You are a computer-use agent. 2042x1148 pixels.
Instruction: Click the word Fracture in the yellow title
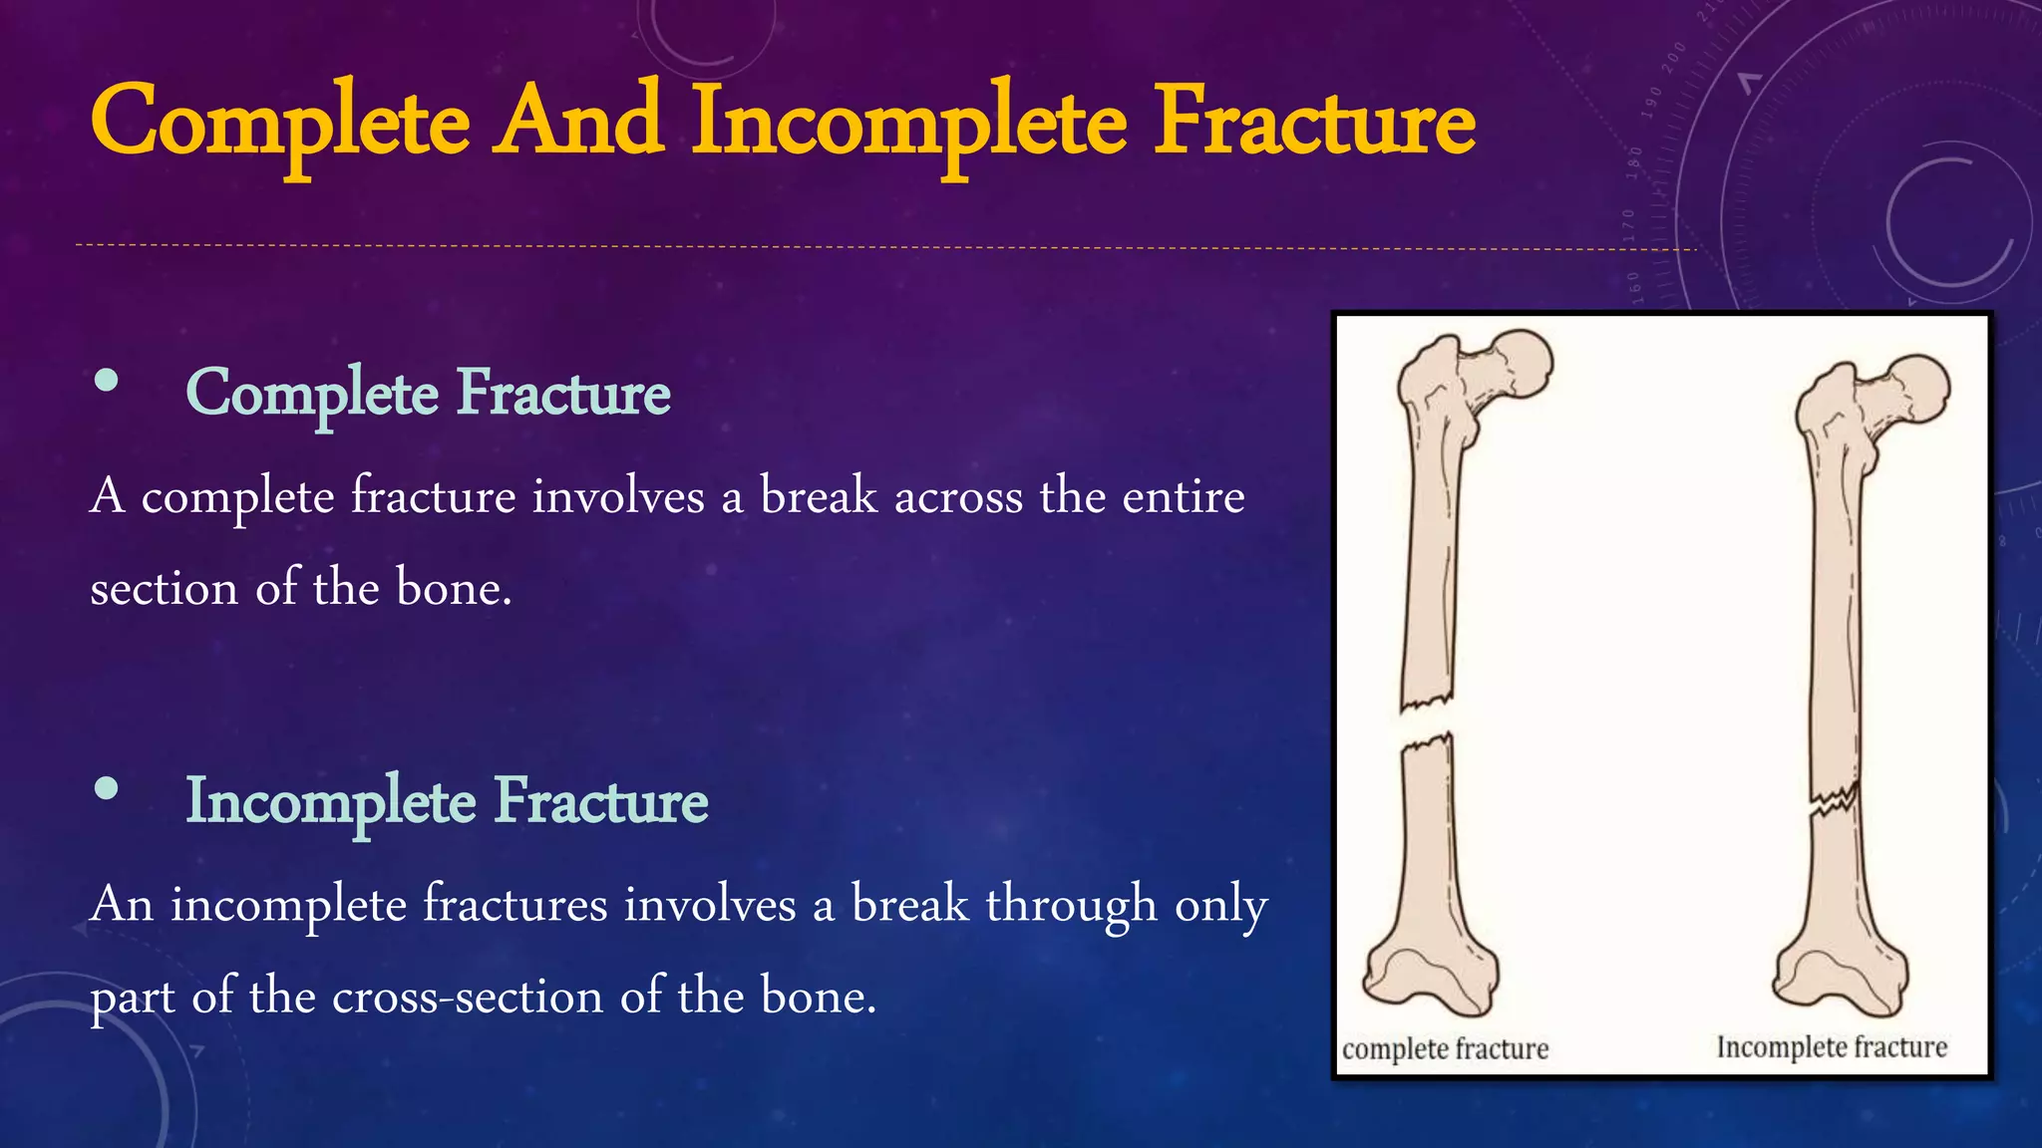[x=1313, y=122]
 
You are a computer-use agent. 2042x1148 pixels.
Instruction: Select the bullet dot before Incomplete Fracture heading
[x=106, y=789]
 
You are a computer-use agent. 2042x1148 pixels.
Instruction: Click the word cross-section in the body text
[x=467, y=996]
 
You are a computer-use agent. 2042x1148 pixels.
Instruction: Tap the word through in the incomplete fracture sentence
[x=1071, y=905]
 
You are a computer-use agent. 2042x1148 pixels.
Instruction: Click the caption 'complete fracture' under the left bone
[x=1445, y=1048]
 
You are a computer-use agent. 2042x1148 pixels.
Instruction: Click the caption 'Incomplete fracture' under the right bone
[x=1831, y=1047]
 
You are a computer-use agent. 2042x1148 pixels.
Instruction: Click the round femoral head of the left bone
[x=1519, y=365]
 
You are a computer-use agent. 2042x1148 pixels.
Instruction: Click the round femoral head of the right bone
[x=1917, y=389]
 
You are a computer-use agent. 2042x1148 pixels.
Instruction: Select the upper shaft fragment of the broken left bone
[x=1428, y=568]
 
